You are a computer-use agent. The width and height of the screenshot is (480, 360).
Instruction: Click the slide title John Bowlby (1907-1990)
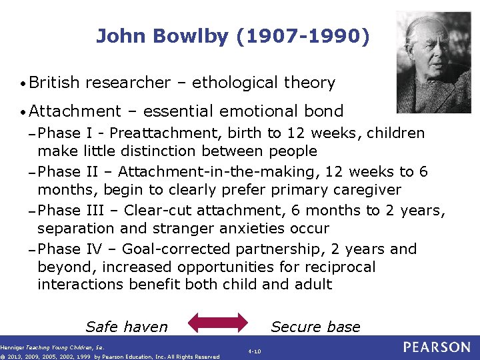pyautogui.click(x=232, y=36)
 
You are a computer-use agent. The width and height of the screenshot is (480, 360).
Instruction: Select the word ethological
pyautogui.click(x=236, y=83)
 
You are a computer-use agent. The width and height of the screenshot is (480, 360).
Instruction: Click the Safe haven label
pyautogui.click(x=127, y=327)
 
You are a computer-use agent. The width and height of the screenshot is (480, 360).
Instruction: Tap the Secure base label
pyautogui.click(x=315, y=327)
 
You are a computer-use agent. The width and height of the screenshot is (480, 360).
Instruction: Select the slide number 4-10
pyautogui.click(x=254, y=351)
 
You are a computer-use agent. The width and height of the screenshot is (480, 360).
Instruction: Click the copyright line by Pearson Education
pyautogui.click(x=110, y=357)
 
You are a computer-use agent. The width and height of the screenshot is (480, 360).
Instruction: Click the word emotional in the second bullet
pyautogui.click(x=261, y=111)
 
